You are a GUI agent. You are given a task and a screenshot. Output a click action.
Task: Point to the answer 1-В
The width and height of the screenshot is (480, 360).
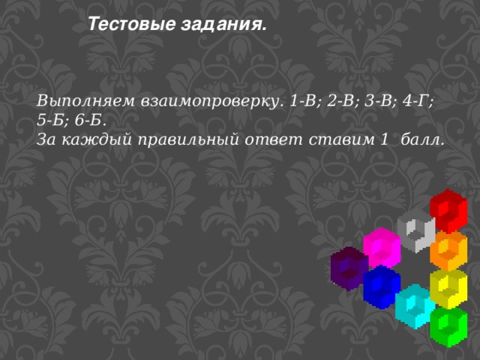(304, 100)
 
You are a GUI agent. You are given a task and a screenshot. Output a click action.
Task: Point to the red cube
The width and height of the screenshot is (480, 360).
(448, 210)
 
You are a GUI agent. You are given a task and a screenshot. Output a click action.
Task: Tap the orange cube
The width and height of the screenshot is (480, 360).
(449, 250)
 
